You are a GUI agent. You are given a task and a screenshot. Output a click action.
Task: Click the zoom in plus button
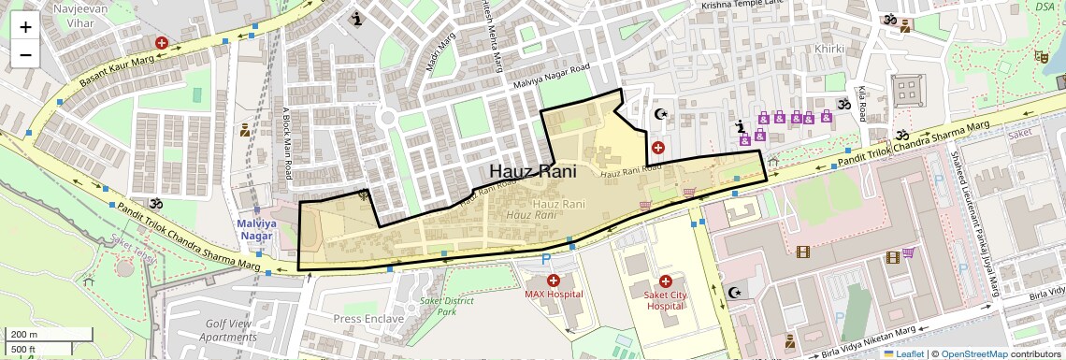tap(25, 26)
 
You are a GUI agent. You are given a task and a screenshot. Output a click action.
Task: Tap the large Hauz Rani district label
tap(532, 172)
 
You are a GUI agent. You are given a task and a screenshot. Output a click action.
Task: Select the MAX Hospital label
tap(554, 295)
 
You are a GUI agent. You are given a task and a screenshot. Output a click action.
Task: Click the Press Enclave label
tap(368, 319)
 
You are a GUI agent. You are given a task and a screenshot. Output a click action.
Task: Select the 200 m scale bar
tap(48, 335)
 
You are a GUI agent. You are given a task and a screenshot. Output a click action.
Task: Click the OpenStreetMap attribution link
tap(973, 353)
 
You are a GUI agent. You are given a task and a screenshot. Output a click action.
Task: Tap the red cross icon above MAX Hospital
tap(553, 281)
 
